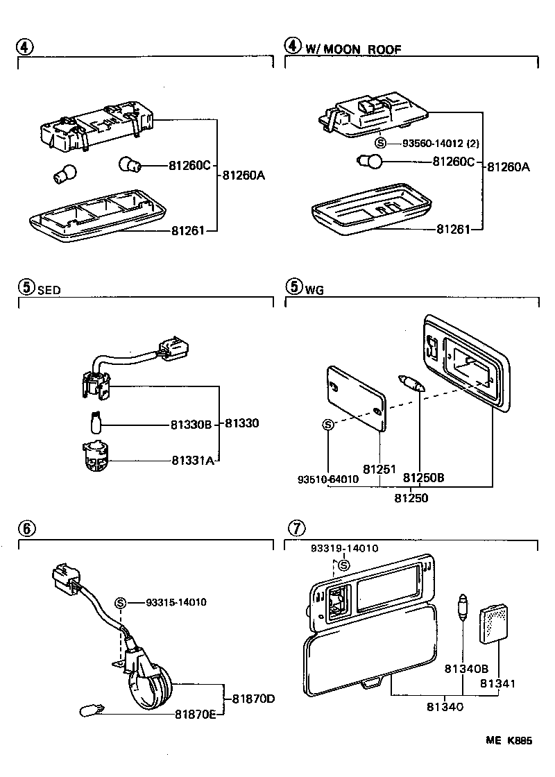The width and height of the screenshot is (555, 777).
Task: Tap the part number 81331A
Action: (190, 459)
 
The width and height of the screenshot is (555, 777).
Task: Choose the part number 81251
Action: (379, 470)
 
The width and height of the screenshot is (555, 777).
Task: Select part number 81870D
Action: (254, 697)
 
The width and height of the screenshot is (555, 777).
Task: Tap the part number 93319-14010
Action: (345, 548)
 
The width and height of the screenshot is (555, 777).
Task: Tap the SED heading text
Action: (49, 290)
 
